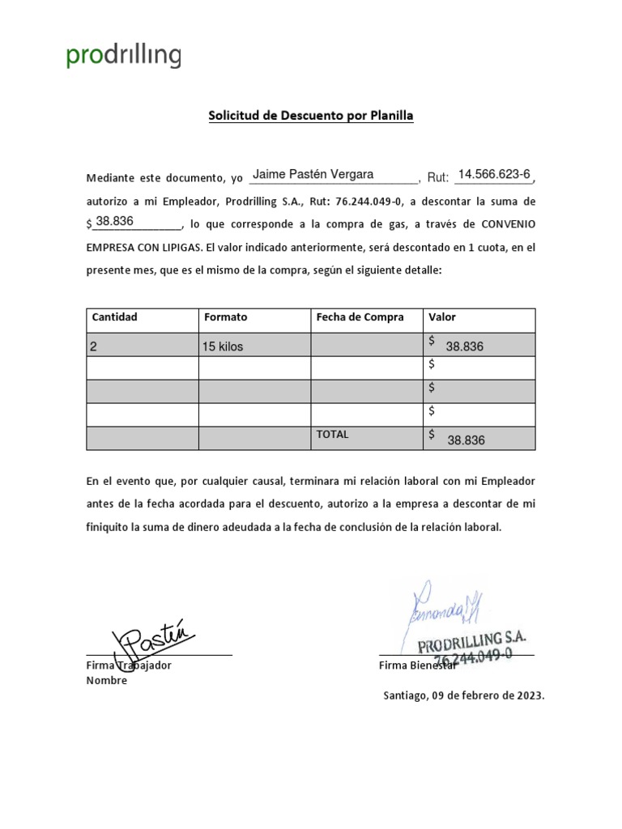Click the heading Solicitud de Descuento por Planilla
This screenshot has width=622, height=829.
pos(311,116)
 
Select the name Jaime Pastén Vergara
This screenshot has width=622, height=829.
pos(313,175)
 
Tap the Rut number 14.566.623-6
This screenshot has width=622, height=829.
pos(493,175)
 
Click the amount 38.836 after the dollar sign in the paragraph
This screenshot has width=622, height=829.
pos(114,221)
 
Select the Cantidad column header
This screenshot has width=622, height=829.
pos(114,317)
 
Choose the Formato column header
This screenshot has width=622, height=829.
pos(225,317)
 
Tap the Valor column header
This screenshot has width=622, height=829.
pos(442,317)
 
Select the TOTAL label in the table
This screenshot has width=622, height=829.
pos(332,435)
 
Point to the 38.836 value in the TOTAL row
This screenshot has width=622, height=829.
pos(466,440)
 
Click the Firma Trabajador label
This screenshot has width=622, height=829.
pos(129,665)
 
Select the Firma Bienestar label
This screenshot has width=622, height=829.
pos(418,665)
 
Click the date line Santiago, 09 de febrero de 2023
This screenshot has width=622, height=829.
pos(464,695)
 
